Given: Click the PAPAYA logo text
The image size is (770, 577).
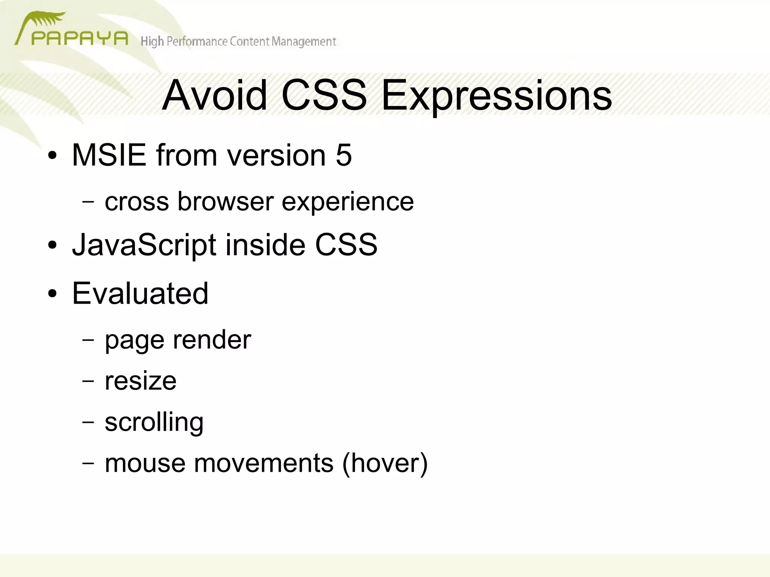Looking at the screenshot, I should click(x=80, y=38).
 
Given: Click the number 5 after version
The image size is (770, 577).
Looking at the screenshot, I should click(x=344, y=155).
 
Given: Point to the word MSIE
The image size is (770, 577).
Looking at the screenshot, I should click(x=109, y=155).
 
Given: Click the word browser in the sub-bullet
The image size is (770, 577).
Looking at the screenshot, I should click(x=225, y=201).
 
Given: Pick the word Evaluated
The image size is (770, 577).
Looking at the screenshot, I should click(x=140, y=293).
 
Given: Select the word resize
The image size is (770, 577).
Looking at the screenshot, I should click(x=140, y=381).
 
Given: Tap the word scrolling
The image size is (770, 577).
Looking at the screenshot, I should click(x=154, y=422).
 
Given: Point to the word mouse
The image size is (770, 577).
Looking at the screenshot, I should click(x=145, y=463).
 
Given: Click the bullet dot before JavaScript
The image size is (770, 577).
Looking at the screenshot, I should click(x=52, y=245).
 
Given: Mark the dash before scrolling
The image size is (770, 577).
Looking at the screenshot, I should click(x=88, y=422).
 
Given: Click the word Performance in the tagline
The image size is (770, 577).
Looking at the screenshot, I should click(x=197, y=41).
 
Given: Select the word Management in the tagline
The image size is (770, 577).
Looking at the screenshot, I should click(x=303, y=41).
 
